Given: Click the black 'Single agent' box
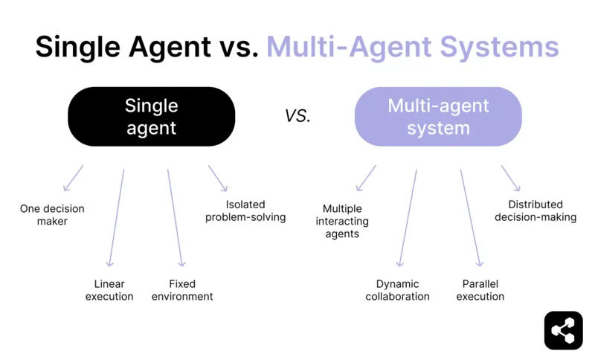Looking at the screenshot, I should (151, 117).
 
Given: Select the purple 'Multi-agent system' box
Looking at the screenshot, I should (438, 117).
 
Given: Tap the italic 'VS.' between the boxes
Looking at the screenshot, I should (297, 116).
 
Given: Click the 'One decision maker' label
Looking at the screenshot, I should (52, 215).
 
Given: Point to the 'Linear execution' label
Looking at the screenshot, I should (109, 290).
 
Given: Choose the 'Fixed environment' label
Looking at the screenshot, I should (182, 290).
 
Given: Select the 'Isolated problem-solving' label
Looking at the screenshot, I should (245, 210).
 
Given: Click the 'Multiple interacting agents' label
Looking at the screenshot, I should (342, 222).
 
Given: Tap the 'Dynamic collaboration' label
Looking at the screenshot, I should (397, 290).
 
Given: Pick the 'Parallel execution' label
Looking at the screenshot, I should (480, 290).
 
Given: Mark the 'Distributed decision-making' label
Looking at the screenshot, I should (535, 210).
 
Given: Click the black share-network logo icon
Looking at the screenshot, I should (563, 330).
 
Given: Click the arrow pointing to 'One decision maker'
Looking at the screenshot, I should (73, 179).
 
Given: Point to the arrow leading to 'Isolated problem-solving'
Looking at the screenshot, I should (217, 179).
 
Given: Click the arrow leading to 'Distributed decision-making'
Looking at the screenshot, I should (510, 179).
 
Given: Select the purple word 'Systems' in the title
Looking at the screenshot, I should (506, 47).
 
